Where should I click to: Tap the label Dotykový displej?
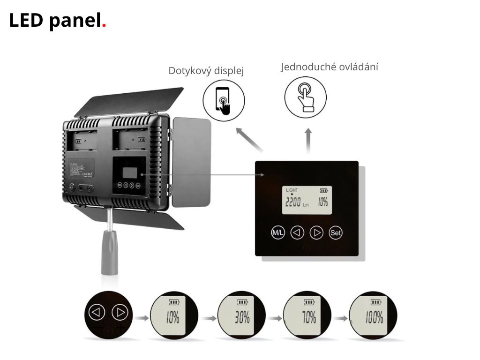(206, 71)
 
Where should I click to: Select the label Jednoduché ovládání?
(330, 67)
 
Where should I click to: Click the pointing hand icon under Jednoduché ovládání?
(306, 97)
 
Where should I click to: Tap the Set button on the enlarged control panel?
(336, 232)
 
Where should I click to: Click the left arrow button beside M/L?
(297, 232)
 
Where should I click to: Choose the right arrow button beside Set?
(317, 232)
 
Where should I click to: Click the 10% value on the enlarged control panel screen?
(322, 202)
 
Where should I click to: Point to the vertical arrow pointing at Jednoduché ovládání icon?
(308, 140)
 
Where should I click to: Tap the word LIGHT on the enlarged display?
(292, 190)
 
